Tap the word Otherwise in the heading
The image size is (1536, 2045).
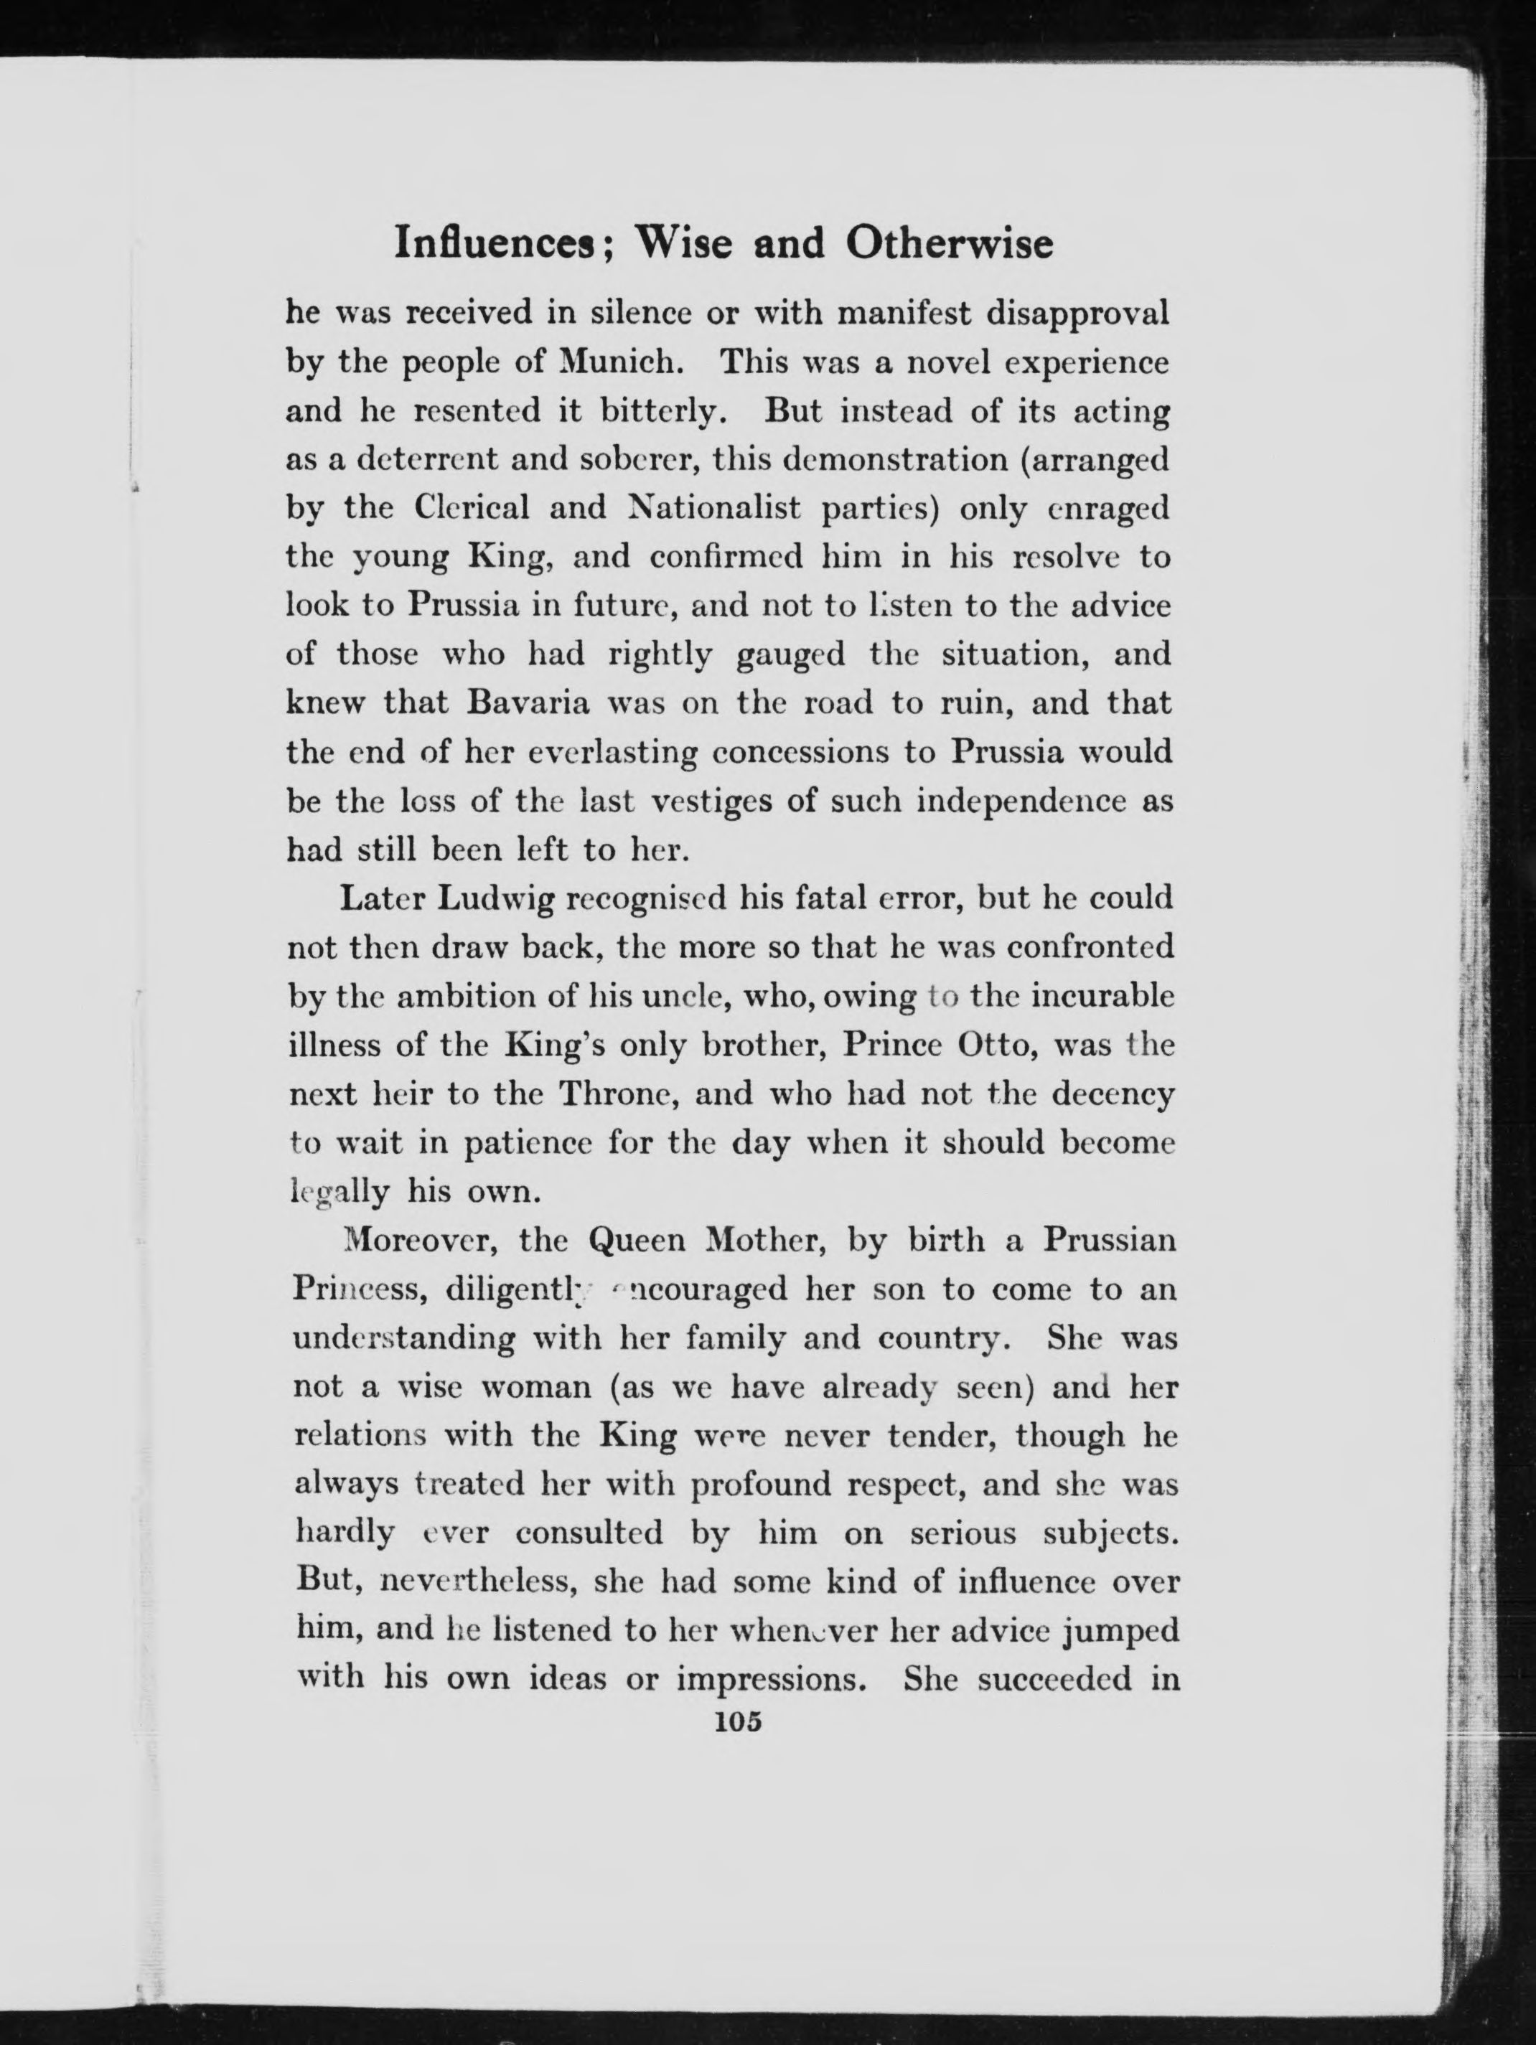click(949, 244)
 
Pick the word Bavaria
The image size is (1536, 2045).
click(528, 702)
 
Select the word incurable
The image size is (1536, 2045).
click(1102, 997)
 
